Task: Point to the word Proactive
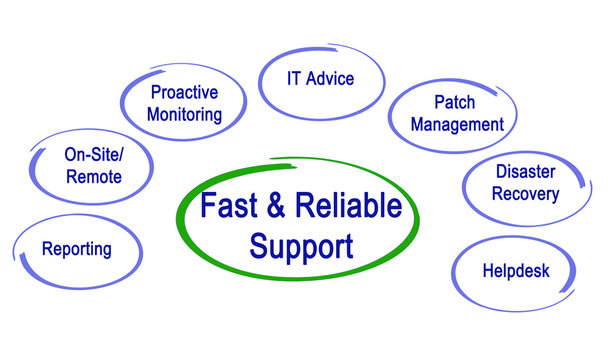point(184,92)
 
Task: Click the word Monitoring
point(184,113)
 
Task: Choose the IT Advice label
point(320,78)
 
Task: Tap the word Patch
point(455,102)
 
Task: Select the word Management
point(456,125)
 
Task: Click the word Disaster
point(525,171)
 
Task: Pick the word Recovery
point(525,194)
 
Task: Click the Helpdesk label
point(516,270)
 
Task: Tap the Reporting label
point(77,249)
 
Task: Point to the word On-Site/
point(93,155)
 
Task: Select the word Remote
point(94,177)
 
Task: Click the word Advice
point(331,78)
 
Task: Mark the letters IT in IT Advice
point(294,78)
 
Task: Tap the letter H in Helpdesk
point(488,270)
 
